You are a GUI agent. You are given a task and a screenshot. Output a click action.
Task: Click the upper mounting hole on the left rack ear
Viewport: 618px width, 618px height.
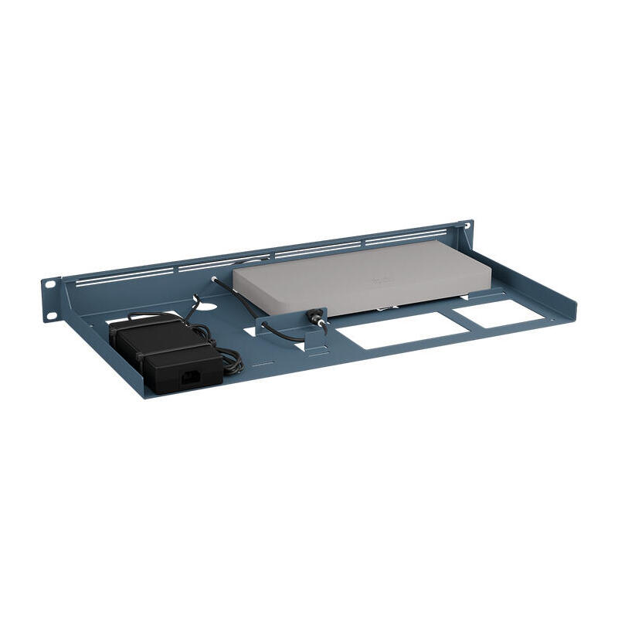click(x=50, y=284)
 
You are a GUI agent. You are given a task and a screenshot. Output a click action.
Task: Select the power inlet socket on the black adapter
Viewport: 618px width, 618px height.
click(x=188, y=378)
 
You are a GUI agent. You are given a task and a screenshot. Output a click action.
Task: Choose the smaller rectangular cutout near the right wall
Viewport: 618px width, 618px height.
click(x=491, y=312)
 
